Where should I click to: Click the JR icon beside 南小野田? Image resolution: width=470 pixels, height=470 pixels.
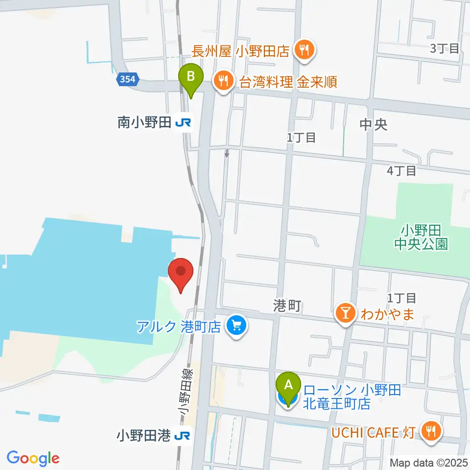(184, 122)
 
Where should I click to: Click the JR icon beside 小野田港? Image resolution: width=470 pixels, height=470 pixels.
(183, 435)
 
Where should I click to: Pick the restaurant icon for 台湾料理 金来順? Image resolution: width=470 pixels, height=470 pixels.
(224, 81)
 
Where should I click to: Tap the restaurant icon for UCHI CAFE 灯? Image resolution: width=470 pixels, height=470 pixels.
(431, 432)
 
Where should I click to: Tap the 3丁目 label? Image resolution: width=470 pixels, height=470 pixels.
(445, 48)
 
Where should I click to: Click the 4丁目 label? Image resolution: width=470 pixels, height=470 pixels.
(401, 171)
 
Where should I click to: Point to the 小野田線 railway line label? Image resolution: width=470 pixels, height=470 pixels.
(184, 392)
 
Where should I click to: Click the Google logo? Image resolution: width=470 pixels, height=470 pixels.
(33, 458)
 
